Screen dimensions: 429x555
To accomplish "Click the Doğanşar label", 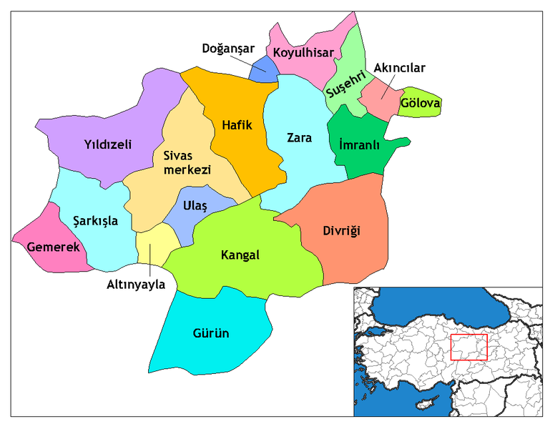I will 227,49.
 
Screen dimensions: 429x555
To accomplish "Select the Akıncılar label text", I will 400,68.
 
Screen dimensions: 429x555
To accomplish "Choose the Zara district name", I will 299,137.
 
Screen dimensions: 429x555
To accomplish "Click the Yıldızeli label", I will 107,144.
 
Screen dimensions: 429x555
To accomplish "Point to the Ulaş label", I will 195,206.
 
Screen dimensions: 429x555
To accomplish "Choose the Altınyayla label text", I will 137,285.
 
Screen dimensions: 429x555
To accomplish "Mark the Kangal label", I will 240,255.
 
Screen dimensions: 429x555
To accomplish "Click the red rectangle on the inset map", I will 468,347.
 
